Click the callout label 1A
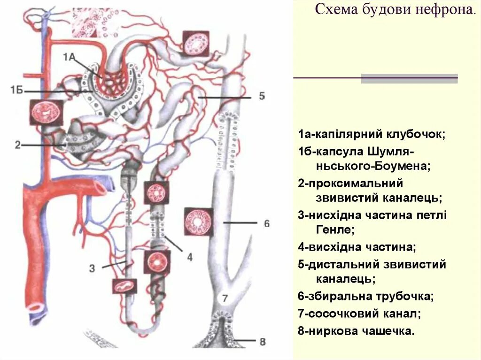[69, 57]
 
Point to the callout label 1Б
[17, 90]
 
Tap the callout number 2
[17, 145]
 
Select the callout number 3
[93, 268]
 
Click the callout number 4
[190, 257]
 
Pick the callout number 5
[262, 96]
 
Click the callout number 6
[266, 223]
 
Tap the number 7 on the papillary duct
[225, 298]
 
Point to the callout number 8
[263, 341]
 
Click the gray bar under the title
[409, 78]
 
